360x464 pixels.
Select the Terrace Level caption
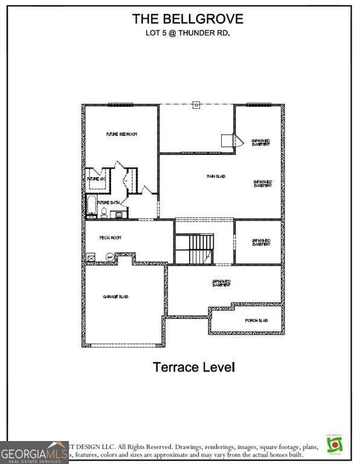coord(193,367)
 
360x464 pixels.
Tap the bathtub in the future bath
coord(91,206)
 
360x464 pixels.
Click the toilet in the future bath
coord(104,212)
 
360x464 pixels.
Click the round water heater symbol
coord(109,257)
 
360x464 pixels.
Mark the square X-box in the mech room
coord(91,257)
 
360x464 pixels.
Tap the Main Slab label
coord(212,176)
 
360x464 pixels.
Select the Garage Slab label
coord(115,297)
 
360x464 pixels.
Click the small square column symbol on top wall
coord(196,105)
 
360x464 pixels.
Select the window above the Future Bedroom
coord(120,105)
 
